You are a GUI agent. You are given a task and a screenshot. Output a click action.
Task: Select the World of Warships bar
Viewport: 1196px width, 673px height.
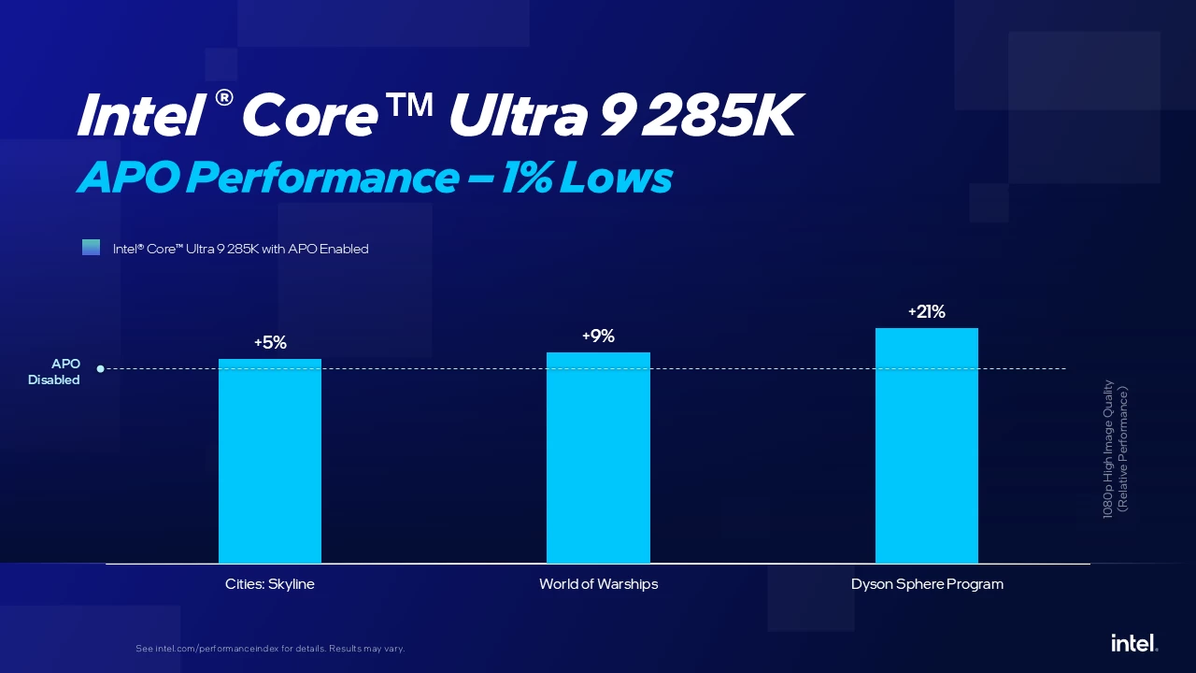tap(598, 458)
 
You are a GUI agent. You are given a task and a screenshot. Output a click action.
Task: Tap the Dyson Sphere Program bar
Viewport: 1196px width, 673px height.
tap(927, 446)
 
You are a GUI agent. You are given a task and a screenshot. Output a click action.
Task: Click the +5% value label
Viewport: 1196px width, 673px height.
tap(270, 343)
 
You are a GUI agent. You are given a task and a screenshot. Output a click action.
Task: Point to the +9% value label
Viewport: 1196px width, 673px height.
tap(598, 336)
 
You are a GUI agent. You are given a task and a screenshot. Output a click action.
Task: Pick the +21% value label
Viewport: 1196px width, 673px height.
tap(927, 312)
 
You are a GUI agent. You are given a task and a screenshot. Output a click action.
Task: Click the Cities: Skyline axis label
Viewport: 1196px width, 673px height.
tap(270, 584)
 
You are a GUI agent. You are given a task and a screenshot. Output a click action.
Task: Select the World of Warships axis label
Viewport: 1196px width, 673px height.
tap(598, 584)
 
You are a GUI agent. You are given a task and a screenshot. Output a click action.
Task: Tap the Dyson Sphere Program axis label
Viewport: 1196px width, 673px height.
tap(927, 584)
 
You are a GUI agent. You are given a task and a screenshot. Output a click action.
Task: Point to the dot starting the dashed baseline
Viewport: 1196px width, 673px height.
tap(100, 368)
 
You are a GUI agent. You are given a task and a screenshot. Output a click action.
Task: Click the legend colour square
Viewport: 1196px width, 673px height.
tap(91, 248)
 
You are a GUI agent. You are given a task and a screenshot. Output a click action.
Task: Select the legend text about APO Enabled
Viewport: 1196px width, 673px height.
tap(241, 249)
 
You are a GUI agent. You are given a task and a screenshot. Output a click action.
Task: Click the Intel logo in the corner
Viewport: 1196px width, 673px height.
tap(1134, 643)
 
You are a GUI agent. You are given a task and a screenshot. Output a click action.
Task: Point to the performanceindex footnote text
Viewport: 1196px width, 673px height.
tap(270, 649)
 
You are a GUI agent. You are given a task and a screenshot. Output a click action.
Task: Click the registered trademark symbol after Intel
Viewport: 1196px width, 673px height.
tap(223, 97)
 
